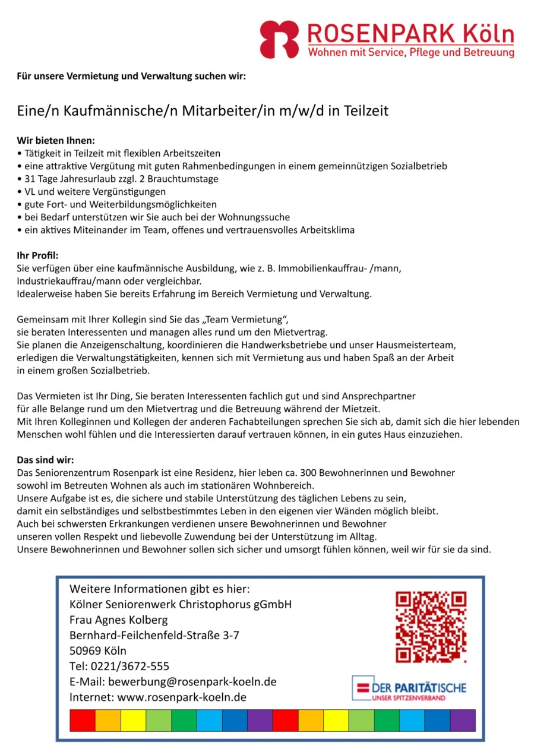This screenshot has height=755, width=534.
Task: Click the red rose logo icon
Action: (279, 39)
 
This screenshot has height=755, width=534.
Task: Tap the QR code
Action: (431, 627)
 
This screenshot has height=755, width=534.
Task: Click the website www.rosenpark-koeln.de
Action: (182, 697)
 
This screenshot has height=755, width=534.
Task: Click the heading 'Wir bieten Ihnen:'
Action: (55, 141)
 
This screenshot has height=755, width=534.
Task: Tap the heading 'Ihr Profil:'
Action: (37, 255)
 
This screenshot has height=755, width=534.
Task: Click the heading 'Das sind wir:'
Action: (45, 460)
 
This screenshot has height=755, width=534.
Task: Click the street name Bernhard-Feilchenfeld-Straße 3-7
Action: (154, 635)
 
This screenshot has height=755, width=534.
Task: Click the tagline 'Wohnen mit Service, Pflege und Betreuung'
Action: (410, 53)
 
